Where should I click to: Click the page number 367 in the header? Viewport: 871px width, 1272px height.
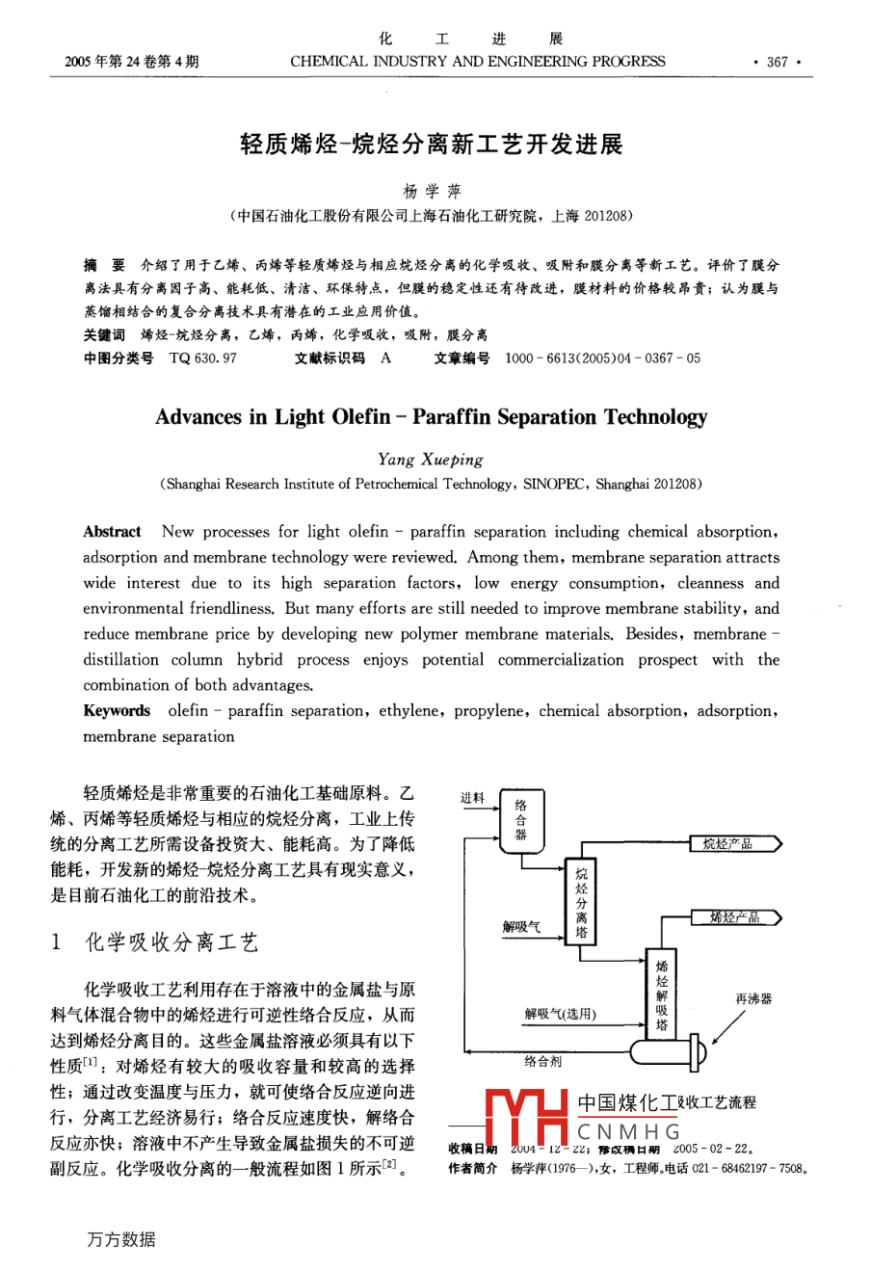pyautogui.click(x=777, y=62)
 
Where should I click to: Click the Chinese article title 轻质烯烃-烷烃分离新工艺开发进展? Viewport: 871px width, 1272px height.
pyautogui.click(x=432, y=145)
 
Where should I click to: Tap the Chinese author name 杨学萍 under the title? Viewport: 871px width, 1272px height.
pyautogui.click(x=432, y=191)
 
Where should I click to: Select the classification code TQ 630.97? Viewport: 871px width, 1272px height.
pyautogui.click(x=202, y=358)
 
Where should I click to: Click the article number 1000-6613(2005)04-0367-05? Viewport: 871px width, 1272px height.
pyautogui.click(x=602, y=358)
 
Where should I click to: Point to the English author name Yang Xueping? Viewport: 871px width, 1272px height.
pyautogui.click(x=431, y=460)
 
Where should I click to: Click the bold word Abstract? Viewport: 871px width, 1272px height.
pyautogui.click(x=112, y=532)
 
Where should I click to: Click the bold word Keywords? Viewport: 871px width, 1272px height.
pyautogui.click(x=117, y=711)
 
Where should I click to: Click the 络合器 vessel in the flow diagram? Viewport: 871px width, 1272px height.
pyautogui.click(x=521, y=819)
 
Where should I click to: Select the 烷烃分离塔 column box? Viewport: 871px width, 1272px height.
pyautogui.click(x=581, y=903)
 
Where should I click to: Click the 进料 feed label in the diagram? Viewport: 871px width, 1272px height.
pyautogui.click(x=472, y=798)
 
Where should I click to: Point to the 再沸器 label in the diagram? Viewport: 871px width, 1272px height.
pyautogui.click(x=753, y=998)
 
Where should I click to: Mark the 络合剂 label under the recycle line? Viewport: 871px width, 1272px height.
pyautogui.click(x=542, y=1061)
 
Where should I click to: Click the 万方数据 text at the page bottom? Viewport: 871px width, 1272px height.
pyautogui.click(x=120, y=1239)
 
